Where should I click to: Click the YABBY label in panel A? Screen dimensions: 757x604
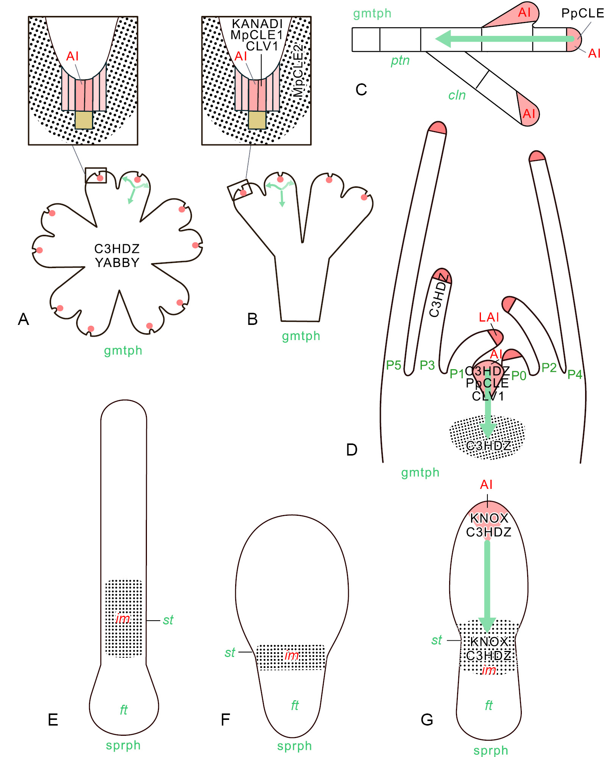click(x=117, y=262)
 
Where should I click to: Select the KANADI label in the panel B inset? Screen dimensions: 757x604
click(x=257, y=23)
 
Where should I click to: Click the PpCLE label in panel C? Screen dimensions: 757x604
click(x=582, y=13)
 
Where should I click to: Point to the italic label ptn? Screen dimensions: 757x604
click(x=400, y=61)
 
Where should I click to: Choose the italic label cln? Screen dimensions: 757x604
click(x=457, y=95)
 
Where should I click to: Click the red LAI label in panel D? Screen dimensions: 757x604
click(x=489, y=317)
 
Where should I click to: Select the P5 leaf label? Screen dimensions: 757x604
click(x=393, y=365)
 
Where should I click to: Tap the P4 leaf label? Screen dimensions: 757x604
click(x=574, y=374)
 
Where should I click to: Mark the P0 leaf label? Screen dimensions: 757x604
click(x=518, y=376)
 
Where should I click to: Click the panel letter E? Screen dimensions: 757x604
click(x=53, y=720)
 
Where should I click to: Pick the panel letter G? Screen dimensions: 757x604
click(x=427, y=720)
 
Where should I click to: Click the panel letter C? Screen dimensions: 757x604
click(x=361, y=90)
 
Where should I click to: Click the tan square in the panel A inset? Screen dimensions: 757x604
click(x=84, y=120)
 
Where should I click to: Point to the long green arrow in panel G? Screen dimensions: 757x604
click(x=487, y=587)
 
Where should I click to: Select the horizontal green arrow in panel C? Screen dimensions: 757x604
click(x=504, y=39)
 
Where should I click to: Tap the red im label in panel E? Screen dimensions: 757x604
click(x=123, y=618)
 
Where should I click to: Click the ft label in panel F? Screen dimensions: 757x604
click(x=295, y=705)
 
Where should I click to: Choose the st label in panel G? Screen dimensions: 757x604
click(x=437, y=640)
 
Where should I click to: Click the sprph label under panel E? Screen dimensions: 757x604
click(x=123, y=745)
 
